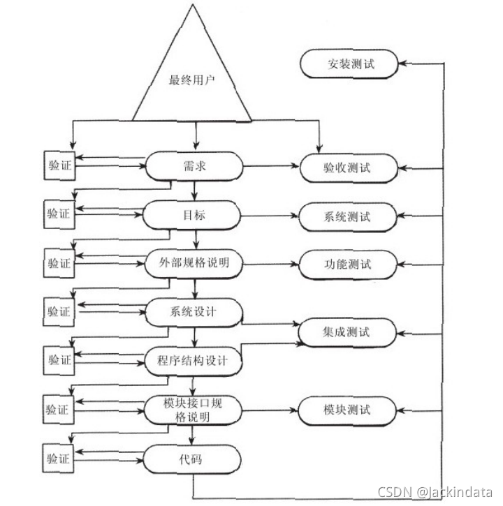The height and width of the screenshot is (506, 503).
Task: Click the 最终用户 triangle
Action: (192, 77)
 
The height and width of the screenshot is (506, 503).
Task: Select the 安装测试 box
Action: (349, 65)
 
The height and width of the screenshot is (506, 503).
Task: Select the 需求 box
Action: (192, 166)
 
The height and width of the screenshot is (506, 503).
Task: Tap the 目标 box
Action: (192, 215)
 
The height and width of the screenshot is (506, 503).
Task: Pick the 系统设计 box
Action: (193, 311)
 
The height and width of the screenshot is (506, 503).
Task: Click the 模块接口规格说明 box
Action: (193, 409)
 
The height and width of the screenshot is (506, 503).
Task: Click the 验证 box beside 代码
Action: (59, 459)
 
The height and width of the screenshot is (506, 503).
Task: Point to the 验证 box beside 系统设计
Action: (59, 311)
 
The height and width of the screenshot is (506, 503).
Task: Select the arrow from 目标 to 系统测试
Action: (271, 216)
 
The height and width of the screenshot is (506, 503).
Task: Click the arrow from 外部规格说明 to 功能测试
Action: (271, 265)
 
